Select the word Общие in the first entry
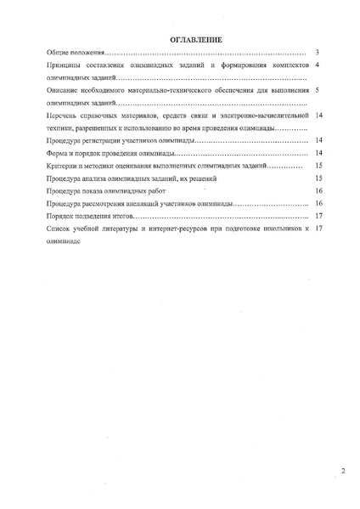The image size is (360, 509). (58, 53)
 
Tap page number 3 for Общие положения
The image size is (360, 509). (316, 53)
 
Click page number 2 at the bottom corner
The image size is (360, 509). (343, 469)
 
